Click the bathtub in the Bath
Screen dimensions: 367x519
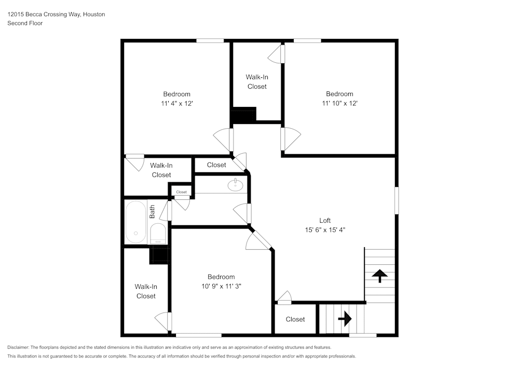click(x=135, y=222)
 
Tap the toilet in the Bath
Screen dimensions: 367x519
click(x=157, y=234)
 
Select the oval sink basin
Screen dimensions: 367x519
click(x=236, y=184)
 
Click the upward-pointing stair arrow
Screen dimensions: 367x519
click(x=380, y=276)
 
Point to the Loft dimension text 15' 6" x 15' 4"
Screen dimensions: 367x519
click(x=325, y=229)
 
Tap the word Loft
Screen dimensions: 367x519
click(x=325, y=220)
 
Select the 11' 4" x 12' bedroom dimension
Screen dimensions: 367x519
click(x=177, y=103)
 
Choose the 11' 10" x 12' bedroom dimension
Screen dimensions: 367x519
click(x=339, y=103)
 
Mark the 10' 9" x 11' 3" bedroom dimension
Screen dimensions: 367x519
click(x=221, y=286)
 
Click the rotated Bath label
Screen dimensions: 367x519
click(x=153, y=211)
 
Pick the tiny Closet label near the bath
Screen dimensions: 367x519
click(x=181, y=192)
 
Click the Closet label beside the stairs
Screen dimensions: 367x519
click(x=295, y=319)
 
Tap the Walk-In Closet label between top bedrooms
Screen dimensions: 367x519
click(x=257, y=82)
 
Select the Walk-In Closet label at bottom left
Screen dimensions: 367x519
click(x=146, y=291)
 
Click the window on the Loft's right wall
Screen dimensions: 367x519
click(x=397, y=200)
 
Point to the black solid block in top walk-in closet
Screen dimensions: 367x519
click(x=243, y=115)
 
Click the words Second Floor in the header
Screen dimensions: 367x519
click(x=25, y=23)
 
